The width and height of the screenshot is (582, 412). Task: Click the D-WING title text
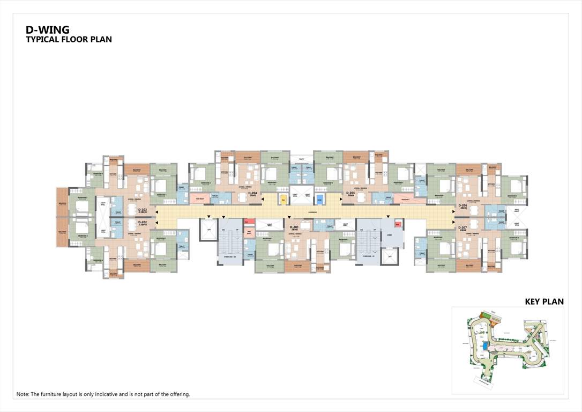tap(48, 30)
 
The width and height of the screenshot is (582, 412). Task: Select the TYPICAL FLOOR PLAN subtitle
tap(69, 40)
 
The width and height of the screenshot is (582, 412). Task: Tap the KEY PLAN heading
tap(544, 302)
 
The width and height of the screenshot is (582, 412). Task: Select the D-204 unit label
tap(252, 193)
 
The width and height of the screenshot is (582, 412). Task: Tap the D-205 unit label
tap(350, 193)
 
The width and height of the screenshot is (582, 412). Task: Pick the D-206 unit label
tap(463, 206)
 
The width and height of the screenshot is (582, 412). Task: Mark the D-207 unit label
tap(463, 228)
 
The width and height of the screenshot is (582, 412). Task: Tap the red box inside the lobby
tap(398, 224)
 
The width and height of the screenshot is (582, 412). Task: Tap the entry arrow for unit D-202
tap(156, 220)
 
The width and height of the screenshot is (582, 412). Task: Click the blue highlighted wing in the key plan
tap(485, 348)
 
